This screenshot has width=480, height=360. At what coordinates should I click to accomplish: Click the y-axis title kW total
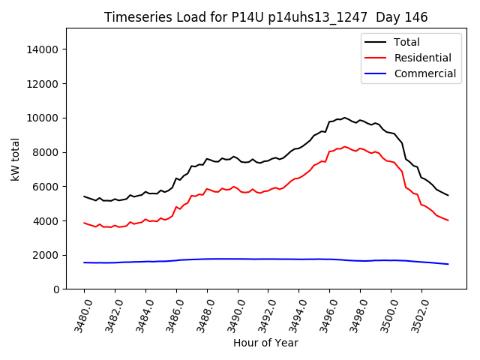coord(15,159)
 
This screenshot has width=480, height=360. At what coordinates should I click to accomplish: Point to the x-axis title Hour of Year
coord(265,343)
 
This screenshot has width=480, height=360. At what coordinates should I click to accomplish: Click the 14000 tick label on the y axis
coord(43,49)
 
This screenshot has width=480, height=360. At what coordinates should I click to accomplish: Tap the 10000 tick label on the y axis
coord(43,118)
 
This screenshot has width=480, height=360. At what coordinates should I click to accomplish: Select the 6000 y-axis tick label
coord(46,187)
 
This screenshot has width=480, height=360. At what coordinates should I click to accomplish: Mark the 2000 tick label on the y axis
coord(46,255)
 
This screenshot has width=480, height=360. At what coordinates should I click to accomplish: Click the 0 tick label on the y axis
coord(56,289)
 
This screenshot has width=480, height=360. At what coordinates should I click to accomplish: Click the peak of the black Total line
coord(345,118)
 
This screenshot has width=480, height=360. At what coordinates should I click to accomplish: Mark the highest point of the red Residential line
coord(345,147)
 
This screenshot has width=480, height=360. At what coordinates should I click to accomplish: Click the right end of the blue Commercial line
coord(448,264)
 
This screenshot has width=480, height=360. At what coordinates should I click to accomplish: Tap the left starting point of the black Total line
coord(84,196)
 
